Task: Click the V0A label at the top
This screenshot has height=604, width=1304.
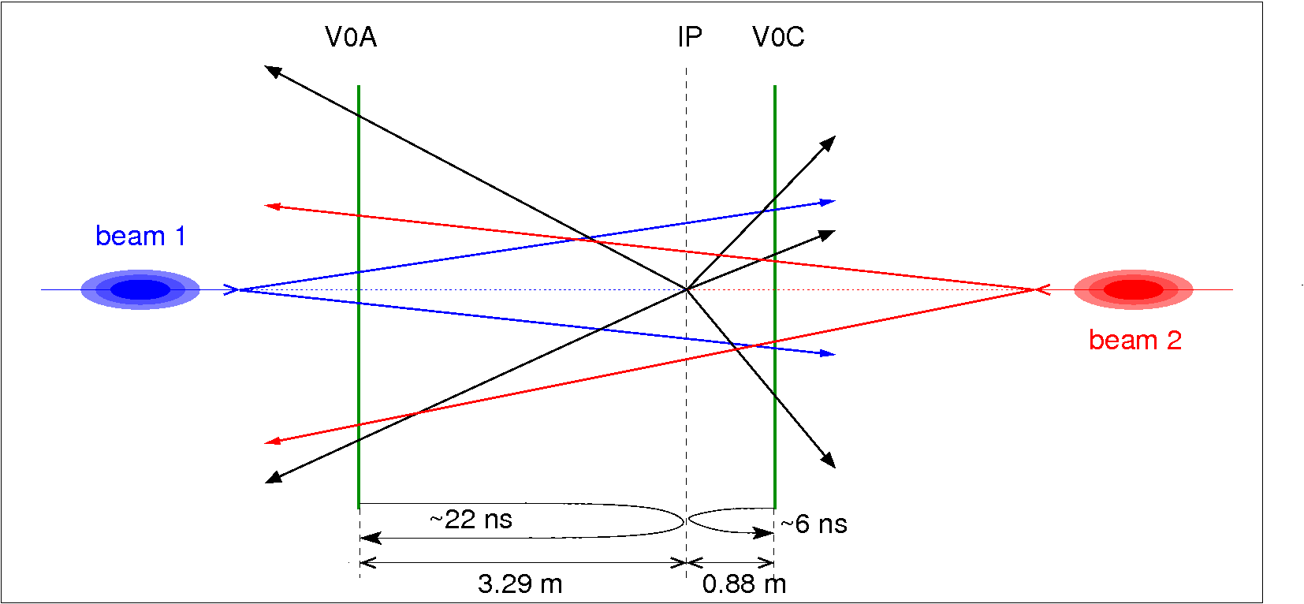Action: [351, 37]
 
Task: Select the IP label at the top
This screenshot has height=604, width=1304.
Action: [689, 37]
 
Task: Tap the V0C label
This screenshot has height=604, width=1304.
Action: [778, 37]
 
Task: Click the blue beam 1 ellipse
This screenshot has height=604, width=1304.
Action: [140, 289]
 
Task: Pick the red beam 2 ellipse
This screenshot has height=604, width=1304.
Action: [1133, 289]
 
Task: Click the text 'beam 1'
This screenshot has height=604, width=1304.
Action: [140, 236]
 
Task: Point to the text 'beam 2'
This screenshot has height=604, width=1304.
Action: [1134, 340]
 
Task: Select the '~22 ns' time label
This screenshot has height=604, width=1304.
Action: [471, 520]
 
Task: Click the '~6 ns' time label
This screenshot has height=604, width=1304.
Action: [814, 524]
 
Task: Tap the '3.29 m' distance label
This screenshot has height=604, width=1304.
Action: [520, 584]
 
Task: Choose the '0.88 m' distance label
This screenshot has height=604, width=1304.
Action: [743, 584]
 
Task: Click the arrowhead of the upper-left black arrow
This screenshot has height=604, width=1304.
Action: [271, 70]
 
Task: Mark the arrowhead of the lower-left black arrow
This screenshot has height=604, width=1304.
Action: [272, 478]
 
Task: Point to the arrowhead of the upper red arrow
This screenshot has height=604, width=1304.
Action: [271, 206]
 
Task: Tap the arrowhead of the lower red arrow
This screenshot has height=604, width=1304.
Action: [271, 442]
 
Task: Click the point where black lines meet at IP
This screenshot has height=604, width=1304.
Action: [687, 289]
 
